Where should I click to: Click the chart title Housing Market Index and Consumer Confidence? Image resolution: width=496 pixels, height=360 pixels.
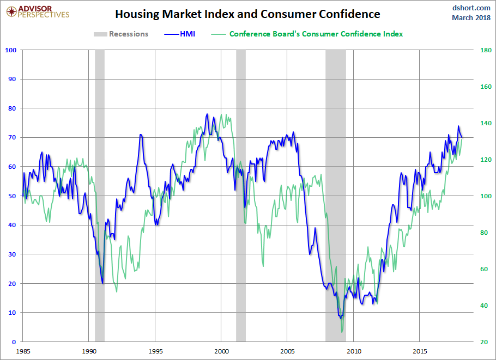[247, 14]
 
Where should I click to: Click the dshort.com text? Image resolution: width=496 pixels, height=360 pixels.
[472, 8]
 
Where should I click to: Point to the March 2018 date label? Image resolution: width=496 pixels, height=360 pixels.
[471, 18]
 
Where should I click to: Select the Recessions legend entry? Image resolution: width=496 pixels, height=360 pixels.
[121, 34]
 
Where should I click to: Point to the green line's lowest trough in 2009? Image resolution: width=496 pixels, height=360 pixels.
[342, 332]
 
